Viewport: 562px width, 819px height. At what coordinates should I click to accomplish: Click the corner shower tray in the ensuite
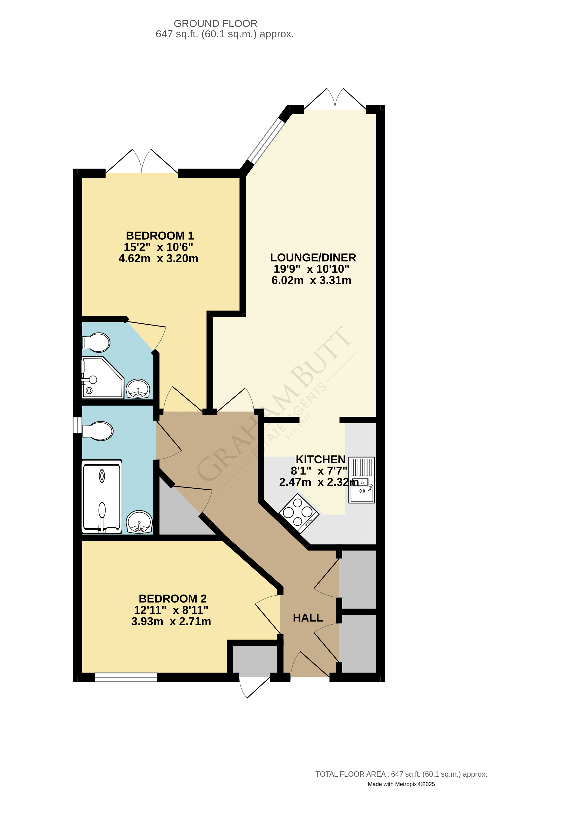pyautogui.click(x=102, y=378)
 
